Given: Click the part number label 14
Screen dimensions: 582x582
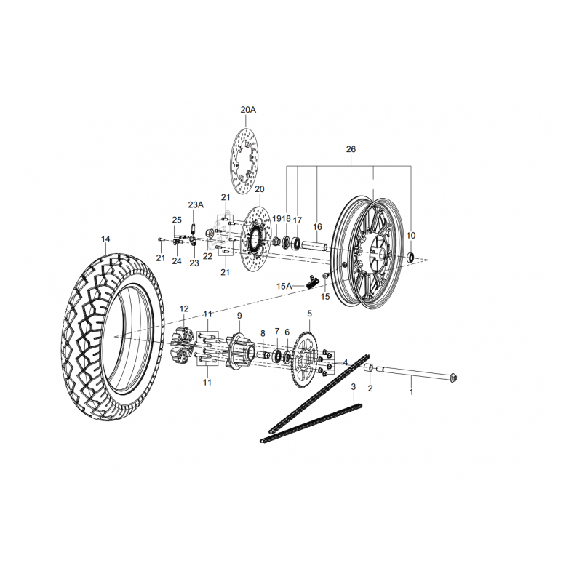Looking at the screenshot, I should pos(106,239).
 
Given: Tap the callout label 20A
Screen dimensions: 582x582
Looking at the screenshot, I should pos(248,110).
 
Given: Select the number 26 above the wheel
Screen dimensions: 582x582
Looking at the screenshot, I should pos(351,149).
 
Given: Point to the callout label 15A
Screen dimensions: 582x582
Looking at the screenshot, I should pos(283,287).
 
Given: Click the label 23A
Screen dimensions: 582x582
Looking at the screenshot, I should pos(196,204).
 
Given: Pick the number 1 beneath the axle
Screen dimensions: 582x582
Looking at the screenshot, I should pos(411,391).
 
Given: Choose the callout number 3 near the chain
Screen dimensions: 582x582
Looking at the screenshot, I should pos(353,386).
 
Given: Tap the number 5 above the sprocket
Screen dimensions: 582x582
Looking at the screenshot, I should pos(309,314).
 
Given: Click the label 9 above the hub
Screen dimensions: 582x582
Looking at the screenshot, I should pos(239,316).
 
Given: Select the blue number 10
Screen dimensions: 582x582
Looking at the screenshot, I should pos(411,236).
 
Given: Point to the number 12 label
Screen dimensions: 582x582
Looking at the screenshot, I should pos(184,308).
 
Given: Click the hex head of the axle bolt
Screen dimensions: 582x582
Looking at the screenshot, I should pos(453,378).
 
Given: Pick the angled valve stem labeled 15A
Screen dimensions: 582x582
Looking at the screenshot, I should pos(314,281).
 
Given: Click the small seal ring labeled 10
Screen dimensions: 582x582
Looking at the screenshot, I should pos(411,256).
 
